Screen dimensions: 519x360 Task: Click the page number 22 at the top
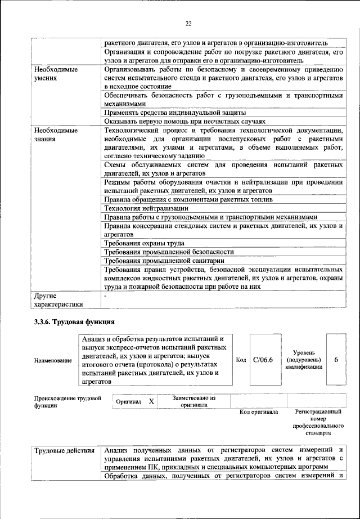(188, 23)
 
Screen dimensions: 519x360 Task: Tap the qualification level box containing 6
(336, 360)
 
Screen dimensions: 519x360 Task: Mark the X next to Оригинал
(151, 401)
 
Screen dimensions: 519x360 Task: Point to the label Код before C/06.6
(241, 360)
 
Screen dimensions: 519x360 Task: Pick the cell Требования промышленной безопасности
(169, 252)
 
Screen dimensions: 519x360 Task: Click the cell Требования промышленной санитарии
(165, 261)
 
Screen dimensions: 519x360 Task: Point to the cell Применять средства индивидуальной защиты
(175, 113)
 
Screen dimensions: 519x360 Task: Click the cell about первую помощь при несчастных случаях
(184, 122)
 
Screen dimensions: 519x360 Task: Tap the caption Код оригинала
(259, 412)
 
